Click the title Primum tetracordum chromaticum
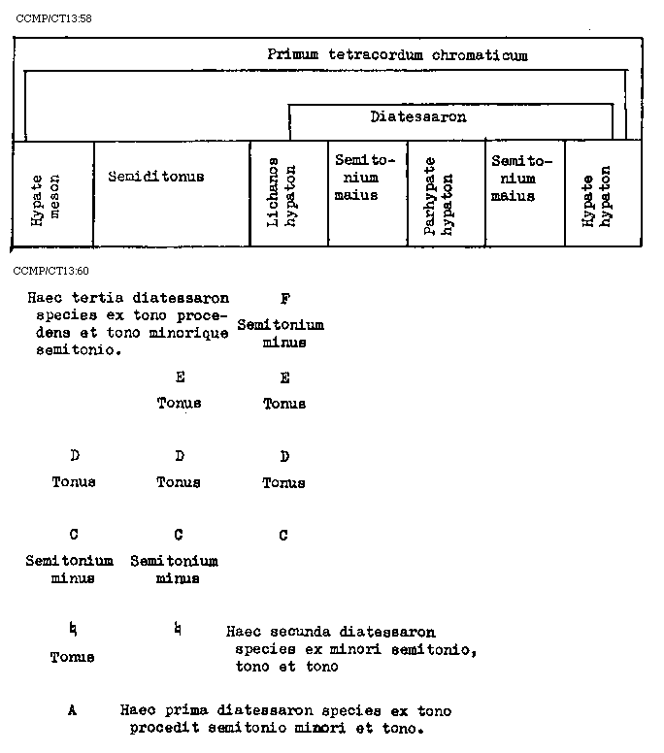pos(397,55)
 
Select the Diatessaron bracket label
pos(417,117)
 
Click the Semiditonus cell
pos(155,177)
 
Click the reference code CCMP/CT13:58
pos(53,19)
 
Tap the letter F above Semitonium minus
pos(284,299)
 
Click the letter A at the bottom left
pos(73,710)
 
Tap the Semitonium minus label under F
pos(281,333)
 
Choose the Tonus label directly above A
pos(73,657)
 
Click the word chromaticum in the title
pos(480,55)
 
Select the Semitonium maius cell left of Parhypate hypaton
pos(356,177)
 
